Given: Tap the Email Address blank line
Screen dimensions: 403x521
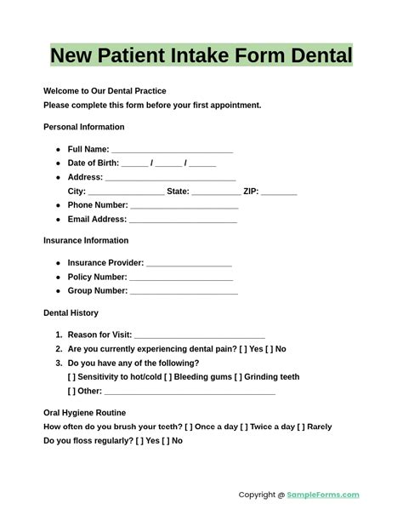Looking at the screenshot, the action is (x=183, y=220).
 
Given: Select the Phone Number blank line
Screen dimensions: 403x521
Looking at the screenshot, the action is (x=184, y=206).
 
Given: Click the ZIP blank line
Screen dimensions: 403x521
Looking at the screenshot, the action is (x=279, y=192).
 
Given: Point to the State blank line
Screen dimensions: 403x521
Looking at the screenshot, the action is (x=216, y=192).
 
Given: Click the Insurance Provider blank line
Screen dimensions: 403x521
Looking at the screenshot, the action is (x=189, y=264).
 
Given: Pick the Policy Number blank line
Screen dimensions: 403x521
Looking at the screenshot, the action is (x=181, y=278).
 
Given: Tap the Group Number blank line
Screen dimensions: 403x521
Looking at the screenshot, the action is (x=184, y=292).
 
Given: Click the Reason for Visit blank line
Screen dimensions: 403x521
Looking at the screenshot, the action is (x=200, y=336).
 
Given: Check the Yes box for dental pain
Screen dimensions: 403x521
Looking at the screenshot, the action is (x=243, y=349).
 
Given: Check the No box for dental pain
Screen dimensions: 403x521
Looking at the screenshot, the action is (x=270, y=349).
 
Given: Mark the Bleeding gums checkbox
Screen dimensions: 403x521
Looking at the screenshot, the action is (x=168, y=377).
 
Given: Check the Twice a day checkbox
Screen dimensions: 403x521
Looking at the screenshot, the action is (x=245, y=427).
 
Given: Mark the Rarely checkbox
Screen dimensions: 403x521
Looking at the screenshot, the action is (x=302, y=427).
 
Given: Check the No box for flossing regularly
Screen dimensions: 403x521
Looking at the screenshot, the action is (x=167, y=441).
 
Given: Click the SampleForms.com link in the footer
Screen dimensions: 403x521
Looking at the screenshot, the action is (x=323, y=495).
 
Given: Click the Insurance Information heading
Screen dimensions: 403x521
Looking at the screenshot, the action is (x=86, y=241).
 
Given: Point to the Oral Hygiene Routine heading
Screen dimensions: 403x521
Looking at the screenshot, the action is (x=84, y=413).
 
